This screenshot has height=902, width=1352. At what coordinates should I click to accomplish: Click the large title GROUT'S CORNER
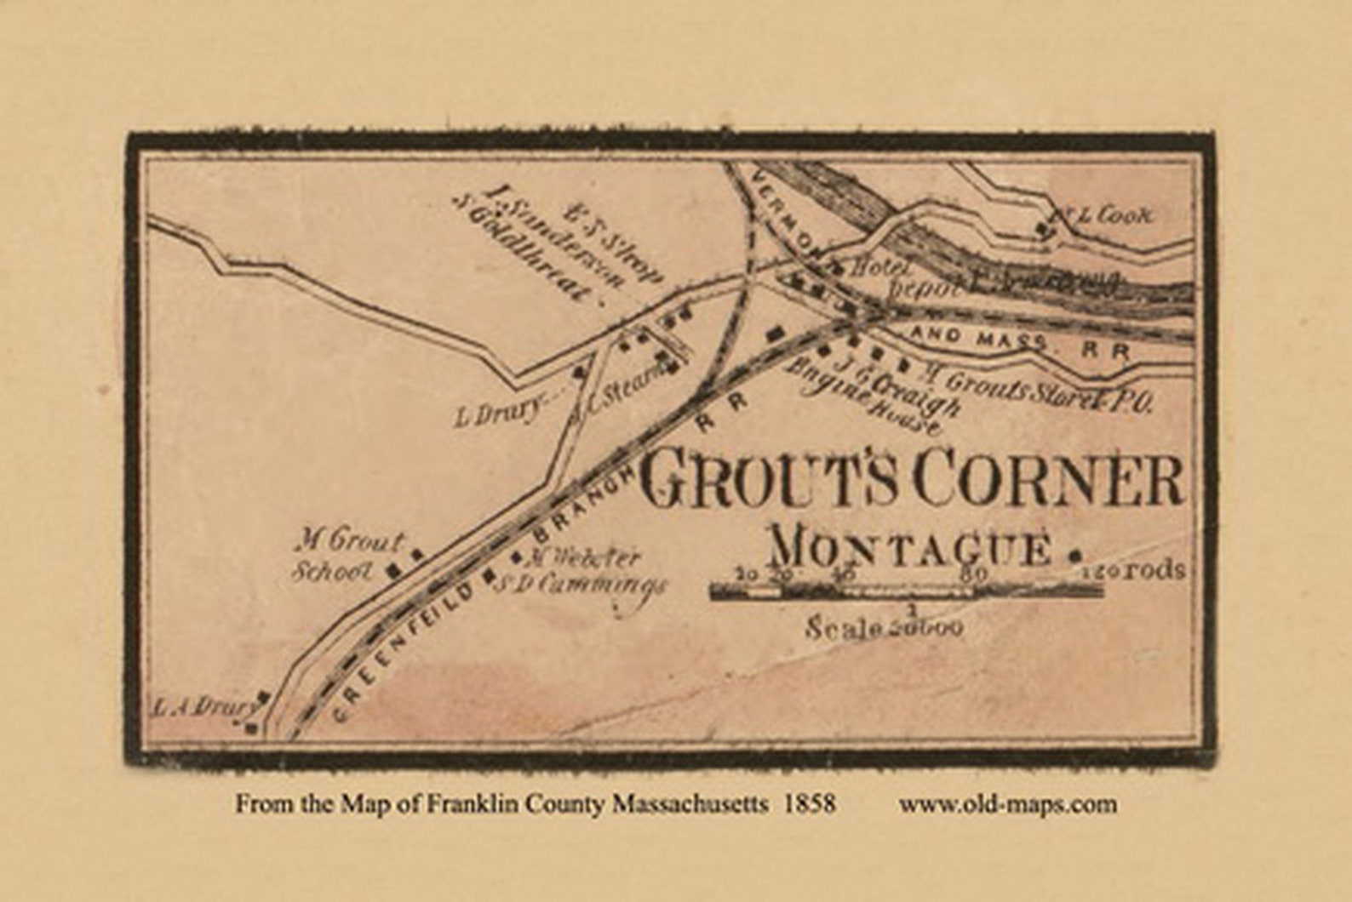911,481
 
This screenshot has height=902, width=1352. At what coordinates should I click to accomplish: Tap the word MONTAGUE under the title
909,548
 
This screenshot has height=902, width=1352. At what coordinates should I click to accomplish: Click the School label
333,571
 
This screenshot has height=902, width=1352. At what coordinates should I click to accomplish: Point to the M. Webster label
583,558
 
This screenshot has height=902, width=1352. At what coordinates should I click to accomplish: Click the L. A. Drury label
203,706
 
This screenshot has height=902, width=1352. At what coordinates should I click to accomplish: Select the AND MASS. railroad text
979,338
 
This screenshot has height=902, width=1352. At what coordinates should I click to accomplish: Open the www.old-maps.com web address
1008,804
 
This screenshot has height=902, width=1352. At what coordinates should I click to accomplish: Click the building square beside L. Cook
1041,230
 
